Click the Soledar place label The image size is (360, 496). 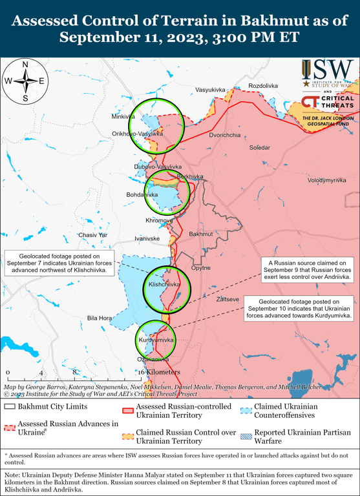click(x=260, y=148)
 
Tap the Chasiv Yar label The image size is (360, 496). click(x=92, y=235)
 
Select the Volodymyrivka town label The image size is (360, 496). click(x=327, y=180)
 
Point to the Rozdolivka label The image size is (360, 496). click(x=263, y=86)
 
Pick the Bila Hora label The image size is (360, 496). click(x=100, y=318)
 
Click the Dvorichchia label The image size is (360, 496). click(x=224, y=135)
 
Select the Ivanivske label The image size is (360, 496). click(x=147, y=238)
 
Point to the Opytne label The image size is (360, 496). click(x=201, y=267)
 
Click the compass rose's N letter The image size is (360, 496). click(x=25, y=65)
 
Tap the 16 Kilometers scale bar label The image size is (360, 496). click(x=158, y=373)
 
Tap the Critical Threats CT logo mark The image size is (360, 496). click(x=310, y=103)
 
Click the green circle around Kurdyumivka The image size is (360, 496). click(x=154, y=340)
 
